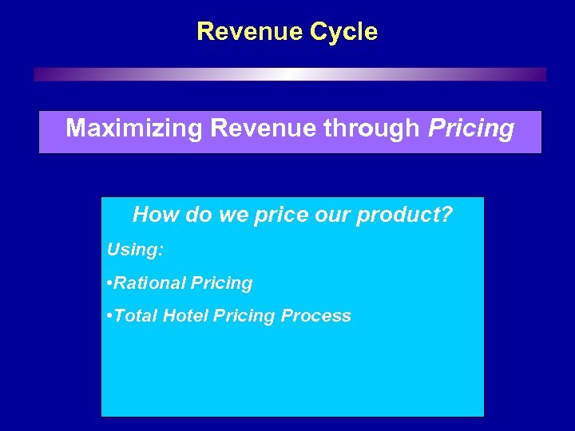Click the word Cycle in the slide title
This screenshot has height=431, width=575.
tap(343, 32)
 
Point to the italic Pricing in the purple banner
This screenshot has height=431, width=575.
tap(471, 129)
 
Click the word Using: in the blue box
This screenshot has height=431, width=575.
tap(135, 250)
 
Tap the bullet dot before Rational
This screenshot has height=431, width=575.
tap(110, 283)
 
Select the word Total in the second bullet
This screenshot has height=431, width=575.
tap(137, 316)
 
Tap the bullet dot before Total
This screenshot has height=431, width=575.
tap(110, 316)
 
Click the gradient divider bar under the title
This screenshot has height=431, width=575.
tap(290, 74)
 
